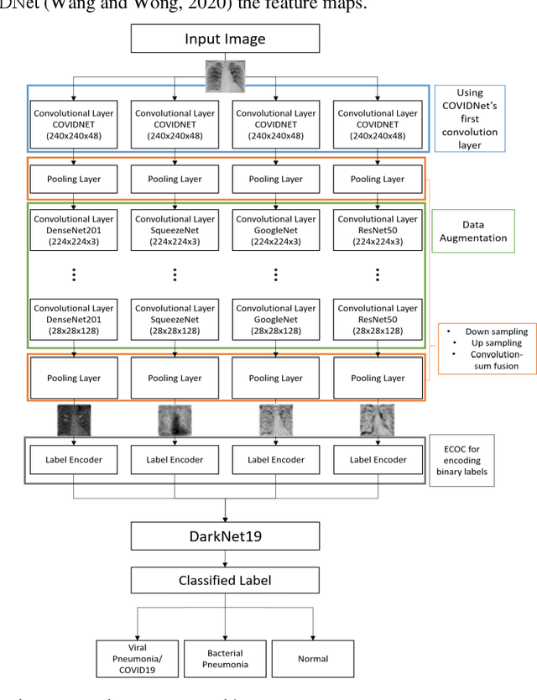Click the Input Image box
(225, 39)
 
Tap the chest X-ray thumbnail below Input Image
(225, 76)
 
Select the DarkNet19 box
(225, 535)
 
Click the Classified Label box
(225, 580)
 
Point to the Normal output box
(314, 658)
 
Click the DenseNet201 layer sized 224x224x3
(74, 229)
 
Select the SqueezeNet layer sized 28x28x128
(175, 319)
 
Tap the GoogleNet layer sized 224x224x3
(276, 229)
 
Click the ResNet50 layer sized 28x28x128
(377, 319)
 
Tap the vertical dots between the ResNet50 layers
(377, 274)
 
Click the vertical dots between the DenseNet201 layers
(74, 274)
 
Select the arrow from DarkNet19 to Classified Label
(225, 557)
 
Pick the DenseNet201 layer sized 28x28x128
(74, 319)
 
